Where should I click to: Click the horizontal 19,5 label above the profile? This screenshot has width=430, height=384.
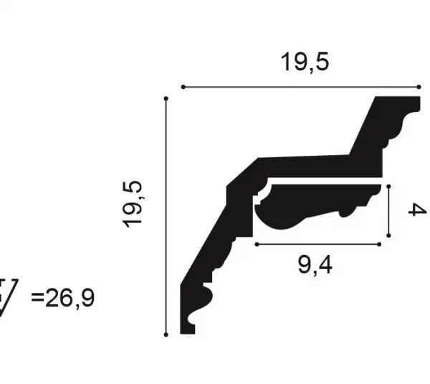(x=305, y=62)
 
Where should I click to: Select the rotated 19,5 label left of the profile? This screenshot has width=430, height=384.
(x=133, y=205)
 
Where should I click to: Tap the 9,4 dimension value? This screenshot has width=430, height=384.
(x=315, y=265)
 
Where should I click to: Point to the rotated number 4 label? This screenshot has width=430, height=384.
(x=417, y=210)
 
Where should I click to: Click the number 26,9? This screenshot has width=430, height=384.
(x=70, y=298)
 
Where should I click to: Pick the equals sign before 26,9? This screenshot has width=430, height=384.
(x=37, y=296)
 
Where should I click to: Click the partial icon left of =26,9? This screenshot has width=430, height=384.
(x=8, y=297)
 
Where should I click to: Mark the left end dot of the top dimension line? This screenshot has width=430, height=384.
(x=183, y=87)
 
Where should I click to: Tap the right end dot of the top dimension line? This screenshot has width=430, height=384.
(x=419, y=87)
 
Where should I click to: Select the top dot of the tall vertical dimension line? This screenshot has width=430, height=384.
(x=166, y=98)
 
